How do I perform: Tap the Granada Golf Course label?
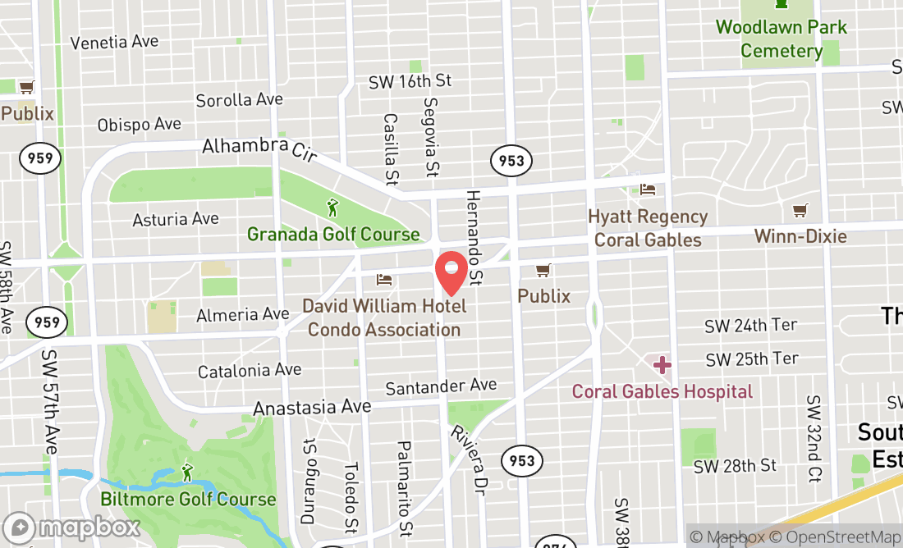[x=333, y=235]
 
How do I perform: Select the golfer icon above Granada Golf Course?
[x=332, y=208]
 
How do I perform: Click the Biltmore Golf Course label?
[x=188, y=499]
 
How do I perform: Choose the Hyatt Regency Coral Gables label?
[x=648, y=228]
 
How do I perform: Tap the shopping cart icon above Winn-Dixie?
[x=800, y=211]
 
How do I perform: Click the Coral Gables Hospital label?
[x=662, y=391]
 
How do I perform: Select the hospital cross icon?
[x=662, y=364]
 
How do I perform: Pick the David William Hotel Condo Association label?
[x=384, y=318]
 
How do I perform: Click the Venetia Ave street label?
[x=114, y=42]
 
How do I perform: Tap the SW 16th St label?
[x=410, y=80]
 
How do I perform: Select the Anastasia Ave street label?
[x=312, y=407]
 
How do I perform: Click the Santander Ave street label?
[x=441, y=386]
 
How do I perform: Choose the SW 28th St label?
[x=735, y=466]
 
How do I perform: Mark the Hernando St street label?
[x=474, y=237]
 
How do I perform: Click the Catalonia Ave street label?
[x=250, y=370]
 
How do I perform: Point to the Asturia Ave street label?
[x=176, y=219]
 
